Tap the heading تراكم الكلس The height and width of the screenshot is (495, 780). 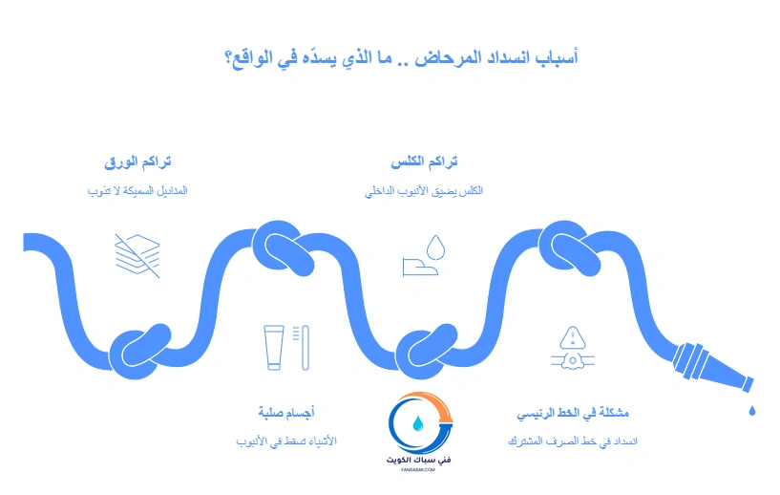point(425,162)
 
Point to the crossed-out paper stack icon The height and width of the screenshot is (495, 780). point(137,255)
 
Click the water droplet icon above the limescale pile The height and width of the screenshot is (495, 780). point(435,247)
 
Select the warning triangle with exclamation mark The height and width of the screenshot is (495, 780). point(572,336)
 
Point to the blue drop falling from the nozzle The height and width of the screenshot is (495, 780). point(751,410)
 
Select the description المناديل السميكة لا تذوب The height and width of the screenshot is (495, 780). point(137,191)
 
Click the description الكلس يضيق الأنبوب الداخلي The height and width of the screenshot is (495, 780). point(424,191)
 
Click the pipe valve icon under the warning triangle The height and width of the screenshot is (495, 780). point(572,361)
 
